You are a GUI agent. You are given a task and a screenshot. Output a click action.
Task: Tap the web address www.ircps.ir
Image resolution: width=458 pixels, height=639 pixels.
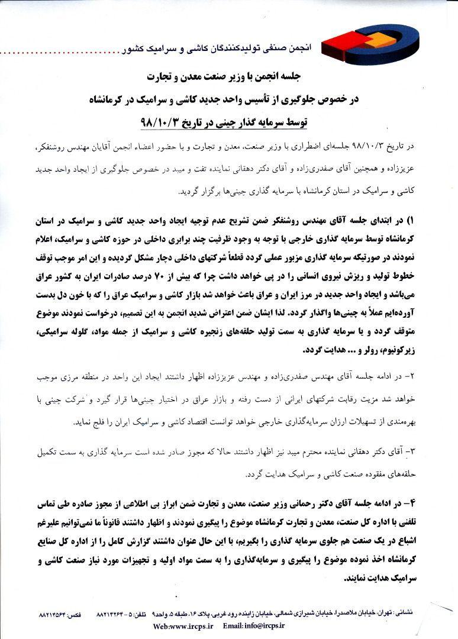coord(179,625)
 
